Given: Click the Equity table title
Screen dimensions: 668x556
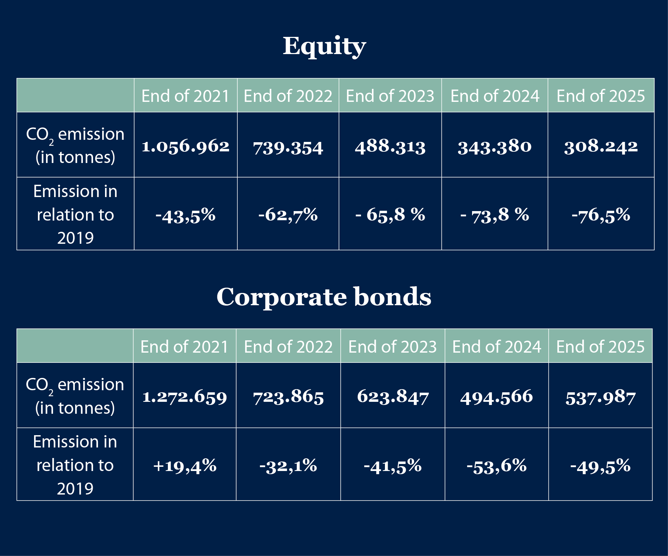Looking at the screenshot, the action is click(325, 46).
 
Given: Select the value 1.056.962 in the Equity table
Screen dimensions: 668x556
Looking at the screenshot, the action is click(185, 146).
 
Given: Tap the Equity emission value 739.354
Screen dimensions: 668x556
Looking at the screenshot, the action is click(288, 148).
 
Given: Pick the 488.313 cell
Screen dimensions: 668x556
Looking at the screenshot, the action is click(390, 146).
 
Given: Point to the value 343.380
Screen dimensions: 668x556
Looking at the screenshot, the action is click(495, 146).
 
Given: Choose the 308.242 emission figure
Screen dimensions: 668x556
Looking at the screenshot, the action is click(601, 146).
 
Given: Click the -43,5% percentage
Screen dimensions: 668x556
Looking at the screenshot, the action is click(185, 215).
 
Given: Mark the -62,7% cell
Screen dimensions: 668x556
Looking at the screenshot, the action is click(288, 215).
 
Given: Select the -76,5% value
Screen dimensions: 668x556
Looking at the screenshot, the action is click(601, 215).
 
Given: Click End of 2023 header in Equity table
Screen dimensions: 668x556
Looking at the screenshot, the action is click(390, 96).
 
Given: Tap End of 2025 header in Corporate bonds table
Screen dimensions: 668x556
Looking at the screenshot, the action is click(601, 347).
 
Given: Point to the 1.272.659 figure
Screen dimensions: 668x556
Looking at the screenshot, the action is click(185, 397).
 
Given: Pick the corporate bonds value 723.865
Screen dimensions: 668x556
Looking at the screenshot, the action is click(288, 397).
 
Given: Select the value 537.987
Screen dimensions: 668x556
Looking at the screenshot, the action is click(601, 398).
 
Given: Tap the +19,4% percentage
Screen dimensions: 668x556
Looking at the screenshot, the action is click(185, 466).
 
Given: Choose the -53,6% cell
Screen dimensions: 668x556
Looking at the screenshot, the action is click(497, 466).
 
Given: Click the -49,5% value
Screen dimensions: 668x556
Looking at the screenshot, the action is click(601, 466).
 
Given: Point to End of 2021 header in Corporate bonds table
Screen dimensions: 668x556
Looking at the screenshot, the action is click(185, 347).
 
